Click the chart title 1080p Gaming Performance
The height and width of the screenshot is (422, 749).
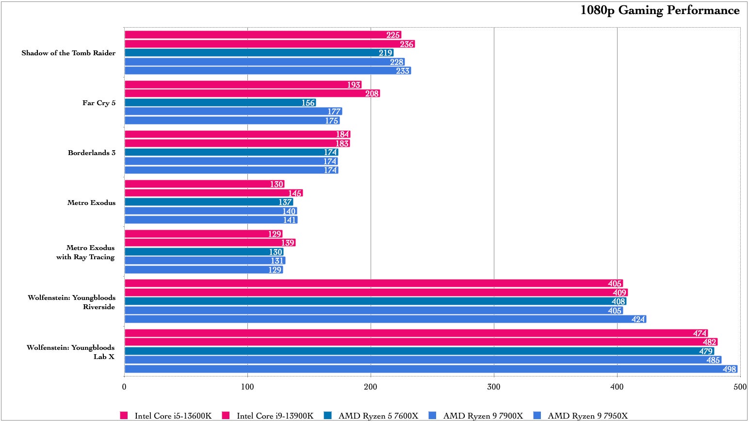pos(660,10)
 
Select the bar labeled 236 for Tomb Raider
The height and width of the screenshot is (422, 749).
pos(269,44)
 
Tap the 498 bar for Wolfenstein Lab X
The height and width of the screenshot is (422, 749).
pos(431,369)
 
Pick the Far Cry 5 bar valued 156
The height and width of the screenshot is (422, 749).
pos(220,103)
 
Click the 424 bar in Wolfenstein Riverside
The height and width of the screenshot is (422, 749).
pos(385,319)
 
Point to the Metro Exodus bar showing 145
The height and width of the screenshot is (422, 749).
pos(213,193)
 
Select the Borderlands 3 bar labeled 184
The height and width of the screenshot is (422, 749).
pos(237,134)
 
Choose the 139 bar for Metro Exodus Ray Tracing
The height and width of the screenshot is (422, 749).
pos(210,243)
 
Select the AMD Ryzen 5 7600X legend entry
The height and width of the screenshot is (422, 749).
pos(378,416)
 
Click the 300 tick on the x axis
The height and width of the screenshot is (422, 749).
pos(494,387)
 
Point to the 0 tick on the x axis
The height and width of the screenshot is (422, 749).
pos(124,387)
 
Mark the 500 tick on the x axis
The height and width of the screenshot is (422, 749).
pos(740,387)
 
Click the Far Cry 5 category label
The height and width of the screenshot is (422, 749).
pos(99,103)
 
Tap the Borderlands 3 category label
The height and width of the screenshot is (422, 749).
pos(92,153)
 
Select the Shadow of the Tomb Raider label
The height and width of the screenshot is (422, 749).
pos(68,53)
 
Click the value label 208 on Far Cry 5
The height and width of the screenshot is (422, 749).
pos(372,94)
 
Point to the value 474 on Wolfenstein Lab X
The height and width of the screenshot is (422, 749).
pos(700,333)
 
